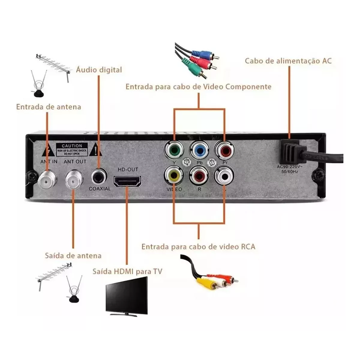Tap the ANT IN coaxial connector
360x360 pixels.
click(x=47, y=180)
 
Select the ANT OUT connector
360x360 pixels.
click(x=73, y=180)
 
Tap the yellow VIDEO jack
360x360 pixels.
click(x=174, y=175)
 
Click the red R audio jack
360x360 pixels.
click(x=199, y=175)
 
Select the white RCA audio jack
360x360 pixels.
click(x=224, y=175)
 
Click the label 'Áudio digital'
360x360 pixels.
click(x=99, y=70)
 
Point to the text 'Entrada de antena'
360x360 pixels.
click(x=49, y=107)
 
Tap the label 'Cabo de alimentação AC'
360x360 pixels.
click(x=288, y=61)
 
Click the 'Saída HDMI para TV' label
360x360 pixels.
click(x=127, y=272)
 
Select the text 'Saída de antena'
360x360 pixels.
click(x=73, y=256)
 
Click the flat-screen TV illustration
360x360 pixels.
click(x=126, y=296)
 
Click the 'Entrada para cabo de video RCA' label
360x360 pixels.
click(x=198, y=247)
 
